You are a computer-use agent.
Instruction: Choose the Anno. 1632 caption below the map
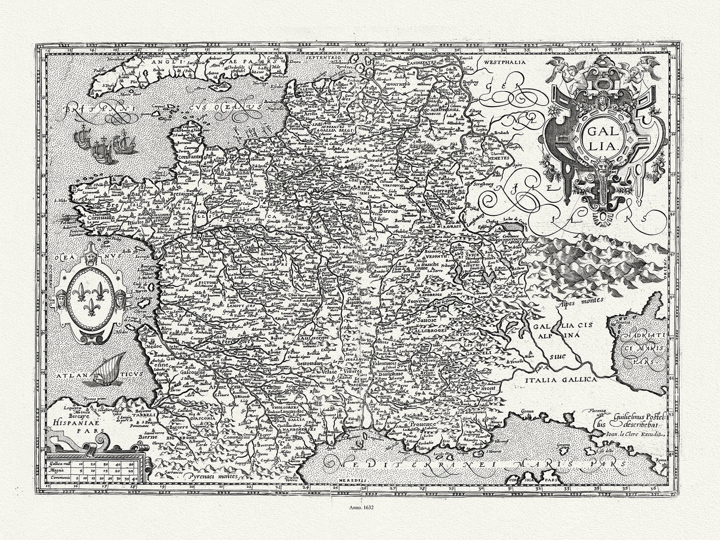click(x=360, y=510)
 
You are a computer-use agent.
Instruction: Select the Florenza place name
click(x=604, y=410)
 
